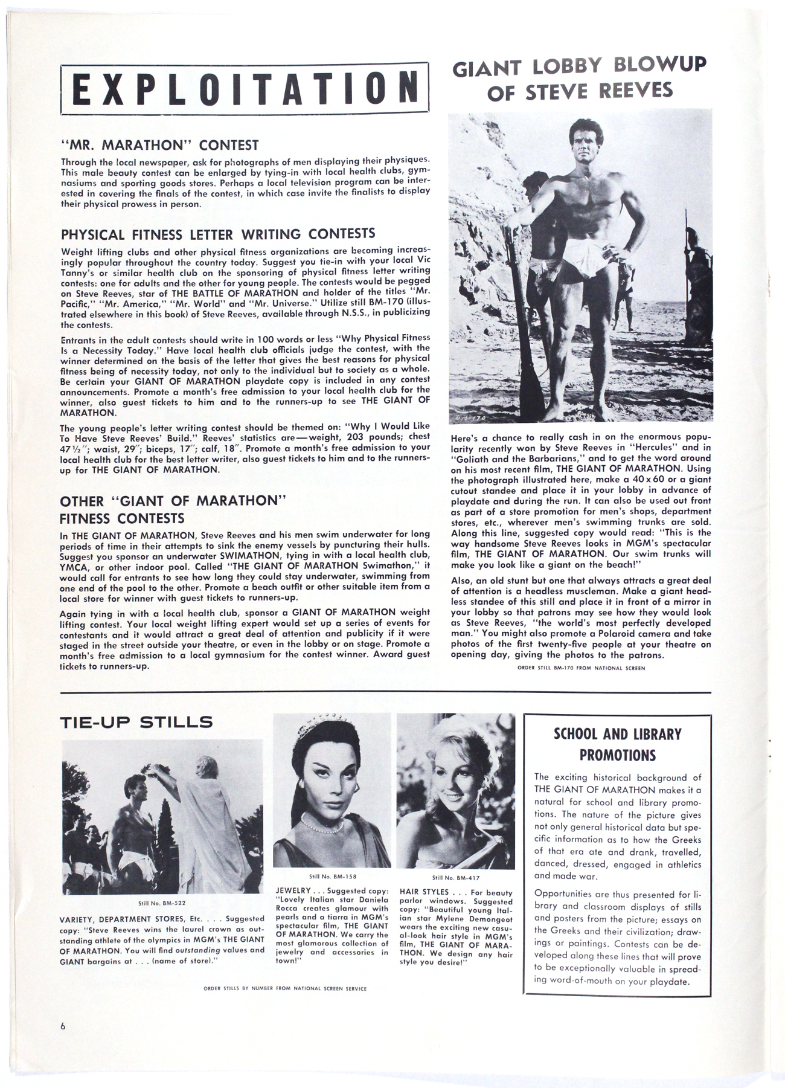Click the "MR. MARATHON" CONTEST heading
[x=160, y=146]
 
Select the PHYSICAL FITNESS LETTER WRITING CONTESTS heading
[x=218, y=234]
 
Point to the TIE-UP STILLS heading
[x=136, y=721]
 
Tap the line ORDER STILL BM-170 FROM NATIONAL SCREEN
[x=581, y=668]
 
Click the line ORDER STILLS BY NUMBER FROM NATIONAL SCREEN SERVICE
[x=286, y=988]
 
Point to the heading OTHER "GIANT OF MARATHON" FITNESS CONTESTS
[x=172, y=509]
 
